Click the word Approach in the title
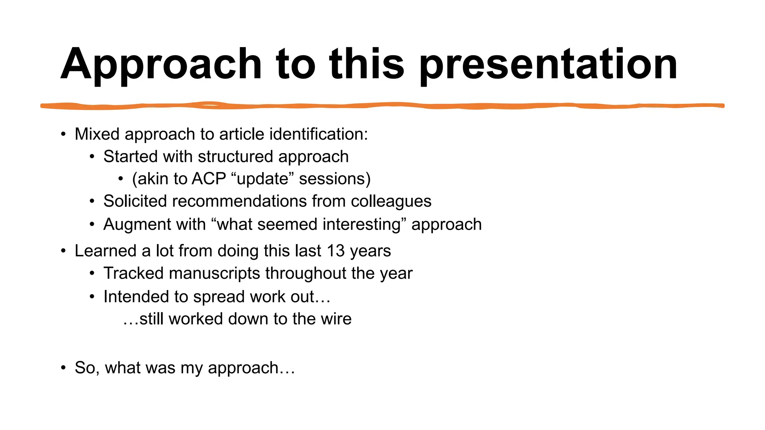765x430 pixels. [161, 64]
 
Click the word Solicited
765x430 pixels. [135, 201]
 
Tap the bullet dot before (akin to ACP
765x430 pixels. [120, 179]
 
